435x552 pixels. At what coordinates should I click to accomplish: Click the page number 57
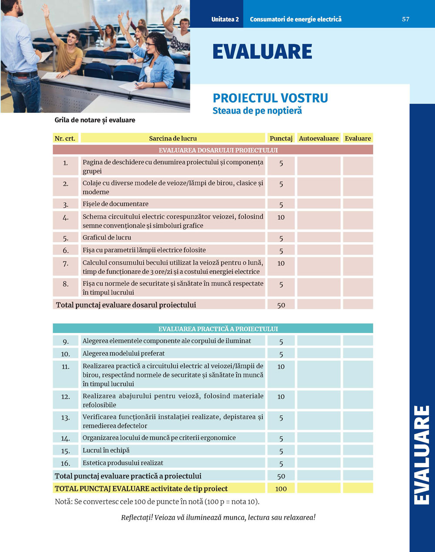point(405,19)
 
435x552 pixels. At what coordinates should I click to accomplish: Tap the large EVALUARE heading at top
point(262,52)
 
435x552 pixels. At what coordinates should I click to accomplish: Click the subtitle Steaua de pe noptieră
point(257,111)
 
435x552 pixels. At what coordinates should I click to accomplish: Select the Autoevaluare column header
point(318,138)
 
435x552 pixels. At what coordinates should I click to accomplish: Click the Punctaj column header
point(281,138)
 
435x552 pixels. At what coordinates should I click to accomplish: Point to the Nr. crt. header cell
point(65,138)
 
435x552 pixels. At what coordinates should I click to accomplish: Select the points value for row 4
point(281,217)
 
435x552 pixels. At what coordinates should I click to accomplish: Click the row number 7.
point(66,264)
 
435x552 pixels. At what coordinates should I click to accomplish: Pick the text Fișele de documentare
point(115,204)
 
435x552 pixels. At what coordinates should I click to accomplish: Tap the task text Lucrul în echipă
point(106,450)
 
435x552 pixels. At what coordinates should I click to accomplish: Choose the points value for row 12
point(281,397)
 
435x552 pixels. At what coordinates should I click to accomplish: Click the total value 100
point(281,488)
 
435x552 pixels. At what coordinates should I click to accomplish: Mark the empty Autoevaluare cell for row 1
point(318,166)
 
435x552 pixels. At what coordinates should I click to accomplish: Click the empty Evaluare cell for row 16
point(358,463)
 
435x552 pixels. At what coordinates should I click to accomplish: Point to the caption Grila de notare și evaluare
point(95,120)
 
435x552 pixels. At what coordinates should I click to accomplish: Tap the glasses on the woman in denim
point(150,44)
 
